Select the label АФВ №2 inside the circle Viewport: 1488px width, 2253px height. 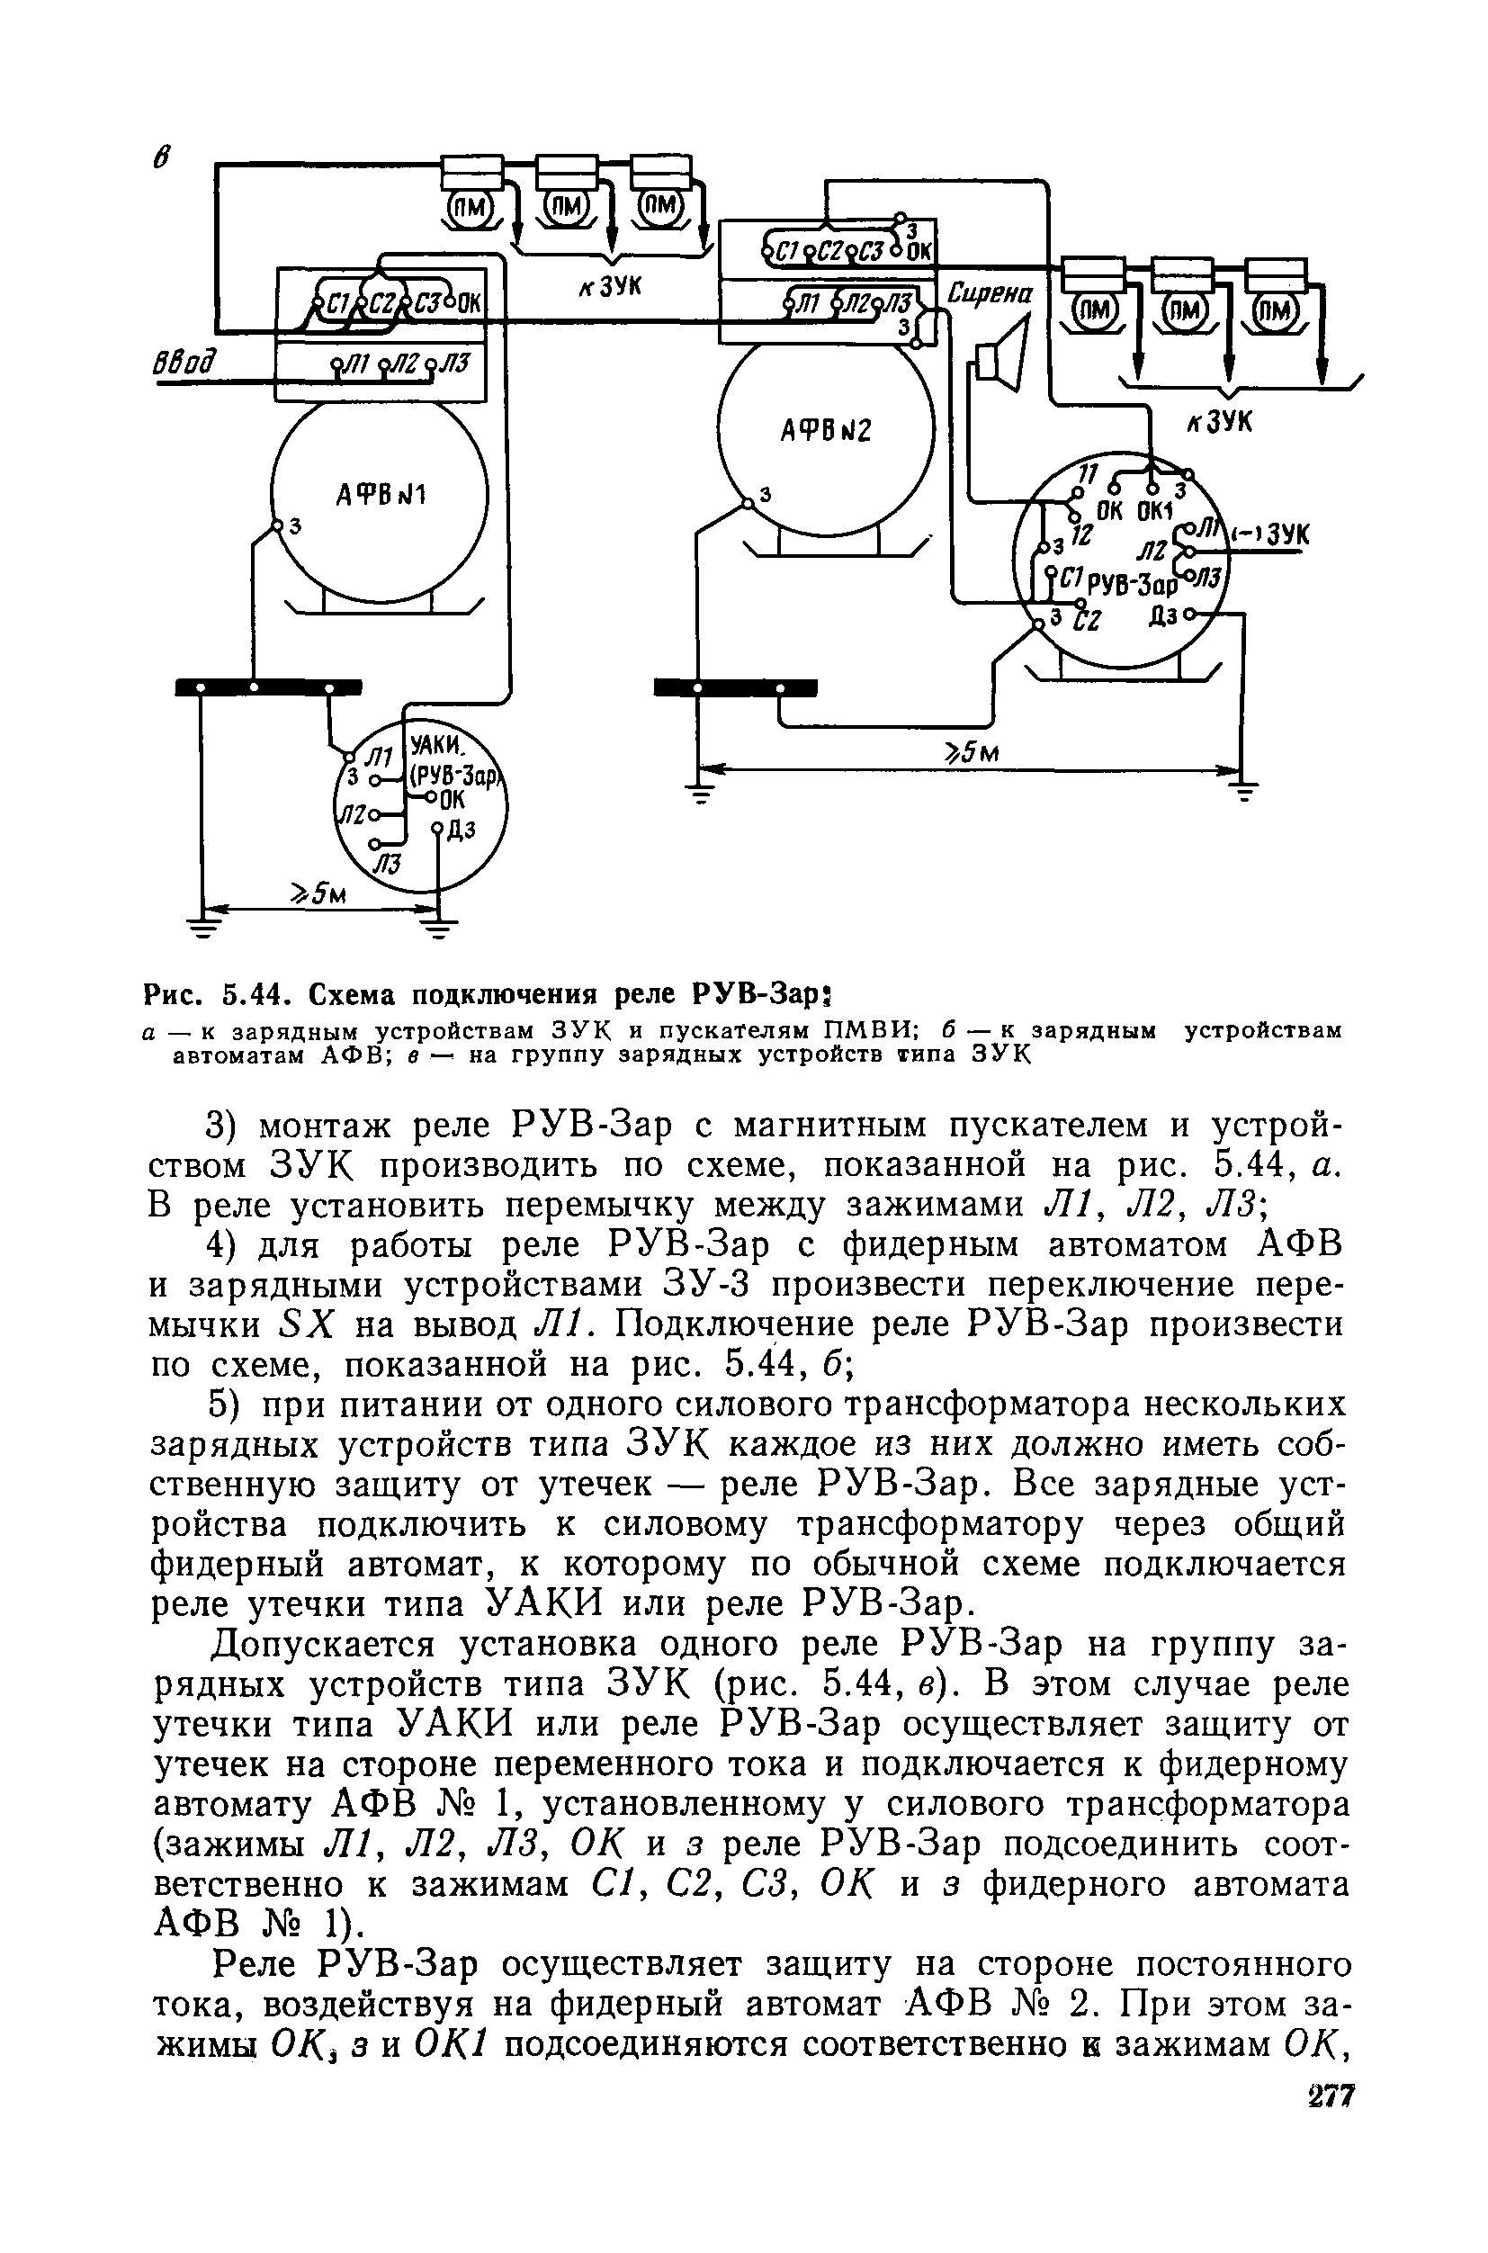pyautogui.click(x=826, y=432)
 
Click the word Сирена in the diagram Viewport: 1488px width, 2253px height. pyautogui.click(x=991, y=294)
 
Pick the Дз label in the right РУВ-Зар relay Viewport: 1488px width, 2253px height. pyautogui.click(x=1162, y=617)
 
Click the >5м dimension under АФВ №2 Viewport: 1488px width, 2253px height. pyautogui.click(x=970, y=752)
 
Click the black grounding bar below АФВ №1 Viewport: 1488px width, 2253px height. pyautogui.click(x=269, y=687)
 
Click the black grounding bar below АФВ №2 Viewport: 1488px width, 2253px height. pyautogui.click(x=736, y=687)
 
